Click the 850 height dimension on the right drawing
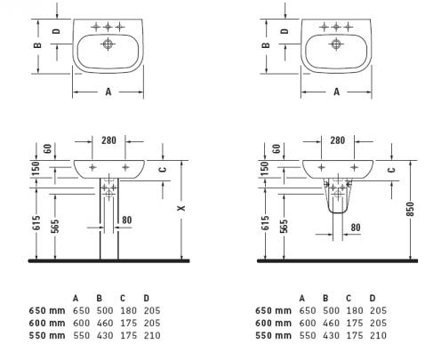[411, 209]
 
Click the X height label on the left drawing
[181, 208]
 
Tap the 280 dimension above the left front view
[108, 140]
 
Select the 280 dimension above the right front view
[338, 140]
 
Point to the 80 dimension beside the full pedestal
[126, 220]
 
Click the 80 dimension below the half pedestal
[356, 228]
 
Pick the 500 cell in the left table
[105, 310]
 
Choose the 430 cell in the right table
[331, 335]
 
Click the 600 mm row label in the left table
[47, 323]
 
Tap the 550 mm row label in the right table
[273, 335]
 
